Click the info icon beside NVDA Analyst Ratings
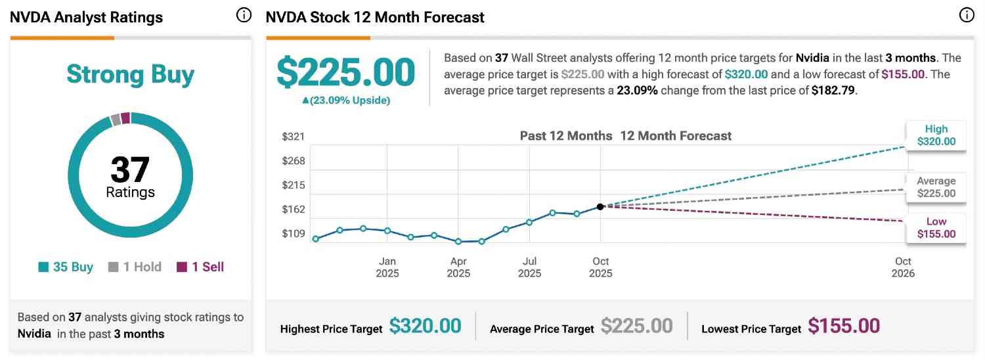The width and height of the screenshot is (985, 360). click(x=244, y=15)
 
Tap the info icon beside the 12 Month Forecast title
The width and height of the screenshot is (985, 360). click(x=966, y=15)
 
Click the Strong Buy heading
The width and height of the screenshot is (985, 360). click(x=131, y=75)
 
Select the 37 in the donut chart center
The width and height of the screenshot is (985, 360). click(x=130, y=169)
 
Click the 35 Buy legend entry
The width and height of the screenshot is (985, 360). click(x=66, y=267)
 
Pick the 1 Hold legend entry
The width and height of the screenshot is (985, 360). click(x=135, y=267)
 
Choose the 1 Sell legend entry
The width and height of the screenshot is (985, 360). click(x=200, y=267)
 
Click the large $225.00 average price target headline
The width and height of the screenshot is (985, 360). click(x=345, y=72)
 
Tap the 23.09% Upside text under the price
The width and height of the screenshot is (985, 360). click(x=345, y=101)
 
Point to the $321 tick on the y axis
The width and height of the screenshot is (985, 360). click(x=293, y=137)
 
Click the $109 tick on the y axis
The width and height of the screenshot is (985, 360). click(x=293, y=234)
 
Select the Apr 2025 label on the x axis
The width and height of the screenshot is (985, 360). click(x=458, y=267)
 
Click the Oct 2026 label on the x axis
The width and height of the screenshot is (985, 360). click(x=903, y=267)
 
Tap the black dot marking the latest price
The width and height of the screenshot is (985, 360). click(x=600, y=207)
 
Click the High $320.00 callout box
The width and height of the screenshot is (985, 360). click(x=936, y=135)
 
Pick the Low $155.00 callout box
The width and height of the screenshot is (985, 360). click(x=936, y=228)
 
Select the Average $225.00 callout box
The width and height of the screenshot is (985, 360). click(x=936, y=187)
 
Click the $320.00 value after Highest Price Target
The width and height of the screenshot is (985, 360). click(x=425, y=326)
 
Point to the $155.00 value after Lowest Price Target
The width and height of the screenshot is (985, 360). click(x=844, y=326)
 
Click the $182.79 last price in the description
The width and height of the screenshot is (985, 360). click(x=833, y=91)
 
